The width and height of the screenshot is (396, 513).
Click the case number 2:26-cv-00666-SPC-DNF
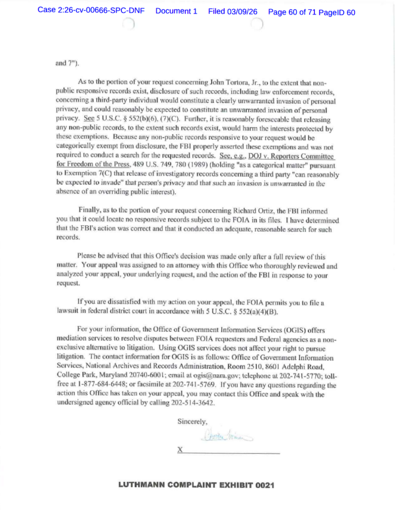92,12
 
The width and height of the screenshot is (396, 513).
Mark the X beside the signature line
180,450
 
